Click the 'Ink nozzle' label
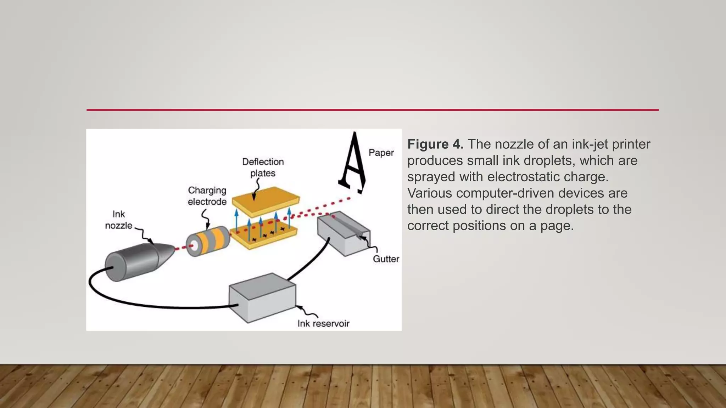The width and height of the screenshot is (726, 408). pyautogui.click(x=118, y=220)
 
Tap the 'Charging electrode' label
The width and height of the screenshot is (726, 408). pyautogui.click(x=207, y=196)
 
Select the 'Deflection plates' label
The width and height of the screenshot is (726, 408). pyautogui.click(x=263, y=167)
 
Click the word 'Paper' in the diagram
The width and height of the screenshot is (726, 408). pyautogui.click(x=381, y=153)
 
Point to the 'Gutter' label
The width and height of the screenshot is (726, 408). pyautogui.click(x=386, y=259)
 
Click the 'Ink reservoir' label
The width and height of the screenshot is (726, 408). pyautogui.click(x=323, y=323)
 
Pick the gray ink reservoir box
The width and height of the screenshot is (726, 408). pyautogui.click(x=262, y=297)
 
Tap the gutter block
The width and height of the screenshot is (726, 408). pyautogui.click(x=342, y=234)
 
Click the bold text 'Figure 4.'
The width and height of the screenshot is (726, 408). pyautogui.click(x=435, y=144)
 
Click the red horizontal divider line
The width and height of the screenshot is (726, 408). pyautogui.click(x=372, y=110)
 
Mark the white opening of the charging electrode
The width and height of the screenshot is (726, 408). pyautogui.click(x=194, y=245)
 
